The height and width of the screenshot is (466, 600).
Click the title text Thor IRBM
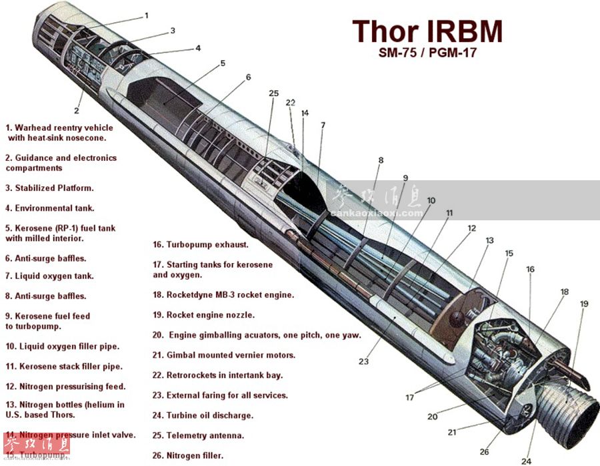[427, 31]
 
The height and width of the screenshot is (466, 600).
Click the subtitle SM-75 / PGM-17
[427, 53]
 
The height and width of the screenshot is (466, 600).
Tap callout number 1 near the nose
[146, 15]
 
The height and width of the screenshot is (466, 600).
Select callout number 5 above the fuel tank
[223, 63]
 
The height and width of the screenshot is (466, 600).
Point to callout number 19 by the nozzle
[584, 304]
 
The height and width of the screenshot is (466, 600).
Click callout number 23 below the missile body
[363, 362]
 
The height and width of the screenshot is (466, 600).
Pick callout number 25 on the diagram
[273, 93]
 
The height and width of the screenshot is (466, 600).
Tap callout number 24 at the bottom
[526, 461]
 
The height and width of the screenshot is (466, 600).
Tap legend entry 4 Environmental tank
[50, 208]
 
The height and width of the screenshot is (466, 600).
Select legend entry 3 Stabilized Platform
[49, 188]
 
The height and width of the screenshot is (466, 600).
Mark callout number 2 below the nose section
[77, 111]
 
